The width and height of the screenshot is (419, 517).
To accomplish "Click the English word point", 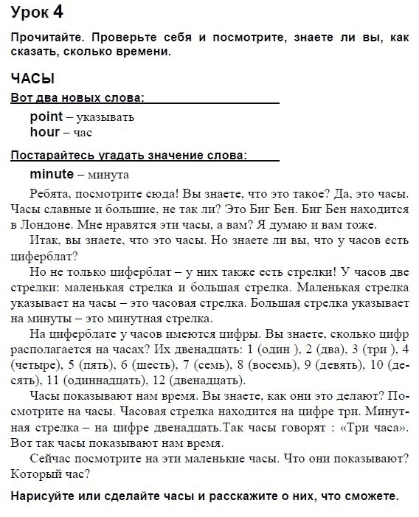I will [46, 117].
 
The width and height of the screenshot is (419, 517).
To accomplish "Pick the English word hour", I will [44, 132].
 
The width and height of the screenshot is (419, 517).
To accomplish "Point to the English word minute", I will [52, 174].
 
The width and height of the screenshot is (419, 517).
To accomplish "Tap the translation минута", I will [108, 175].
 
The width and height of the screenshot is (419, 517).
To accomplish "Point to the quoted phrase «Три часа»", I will [371, 428].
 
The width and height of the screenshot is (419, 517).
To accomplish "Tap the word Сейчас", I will [50, 459].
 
